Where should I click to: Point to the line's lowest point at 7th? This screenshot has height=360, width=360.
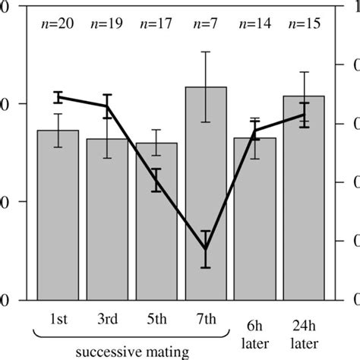coord(206,249)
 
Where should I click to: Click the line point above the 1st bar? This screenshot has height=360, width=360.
coord(58,96)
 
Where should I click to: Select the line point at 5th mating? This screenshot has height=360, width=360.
coord(156,180)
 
